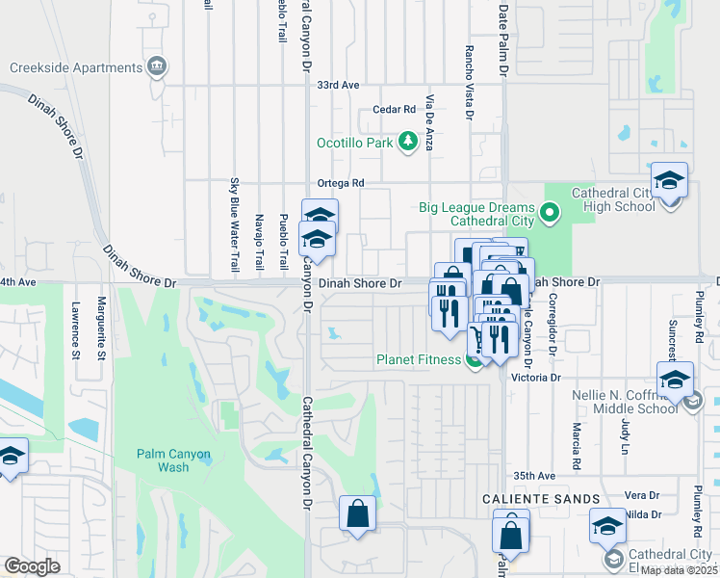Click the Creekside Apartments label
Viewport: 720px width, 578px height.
(x=75, y=67)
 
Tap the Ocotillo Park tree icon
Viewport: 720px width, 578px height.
(x=408, y=143)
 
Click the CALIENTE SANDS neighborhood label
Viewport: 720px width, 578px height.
(x=542, y=499)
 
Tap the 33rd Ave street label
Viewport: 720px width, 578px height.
(x=338, y=85)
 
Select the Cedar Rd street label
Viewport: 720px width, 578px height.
(x=394, y=110)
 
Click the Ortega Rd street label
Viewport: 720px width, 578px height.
(x=342, y=183)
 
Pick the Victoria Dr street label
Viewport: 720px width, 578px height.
(x=537, y=379)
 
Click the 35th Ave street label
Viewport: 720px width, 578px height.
(x=535, y=476)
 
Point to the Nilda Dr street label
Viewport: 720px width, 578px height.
(x=642, y=514)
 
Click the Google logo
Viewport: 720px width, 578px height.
(x=33, y=566)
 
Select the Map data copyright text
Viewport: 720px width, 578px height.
(x=680, y=570)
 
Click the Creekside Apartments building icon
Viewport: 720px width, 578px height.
(x=156, y=67)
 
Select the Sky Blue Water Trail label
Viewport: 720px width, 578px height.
(x=234, y=223)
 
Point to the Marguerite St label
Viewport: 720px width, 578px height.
(x=100, y=329)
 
